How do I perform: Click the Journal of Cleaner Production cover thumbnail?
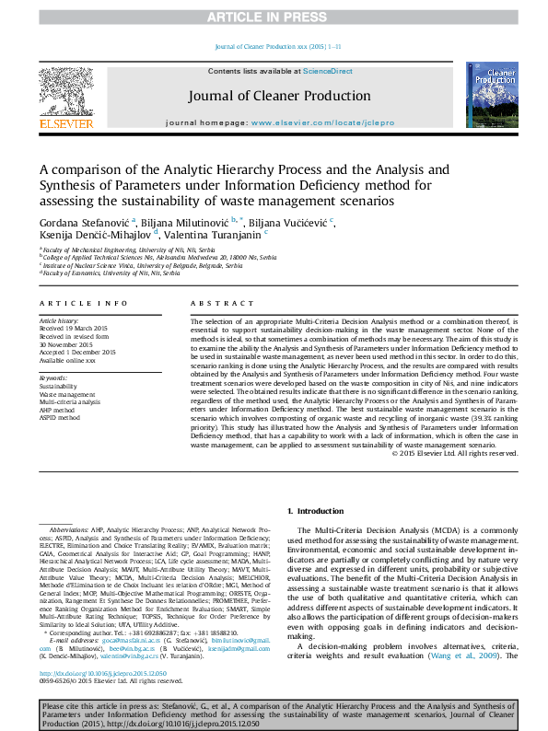(x=492, y=95)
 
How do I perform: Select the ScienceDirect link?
(x=329, y=71)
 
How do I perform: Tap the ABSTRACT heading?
(x=215, y=303)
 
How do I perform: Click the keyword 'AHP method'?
(x=60, y=410)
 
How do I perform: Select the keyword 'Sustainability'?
(x=58, y=387)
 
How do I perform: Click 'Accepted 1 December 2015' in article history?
(x=78, y=352)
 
